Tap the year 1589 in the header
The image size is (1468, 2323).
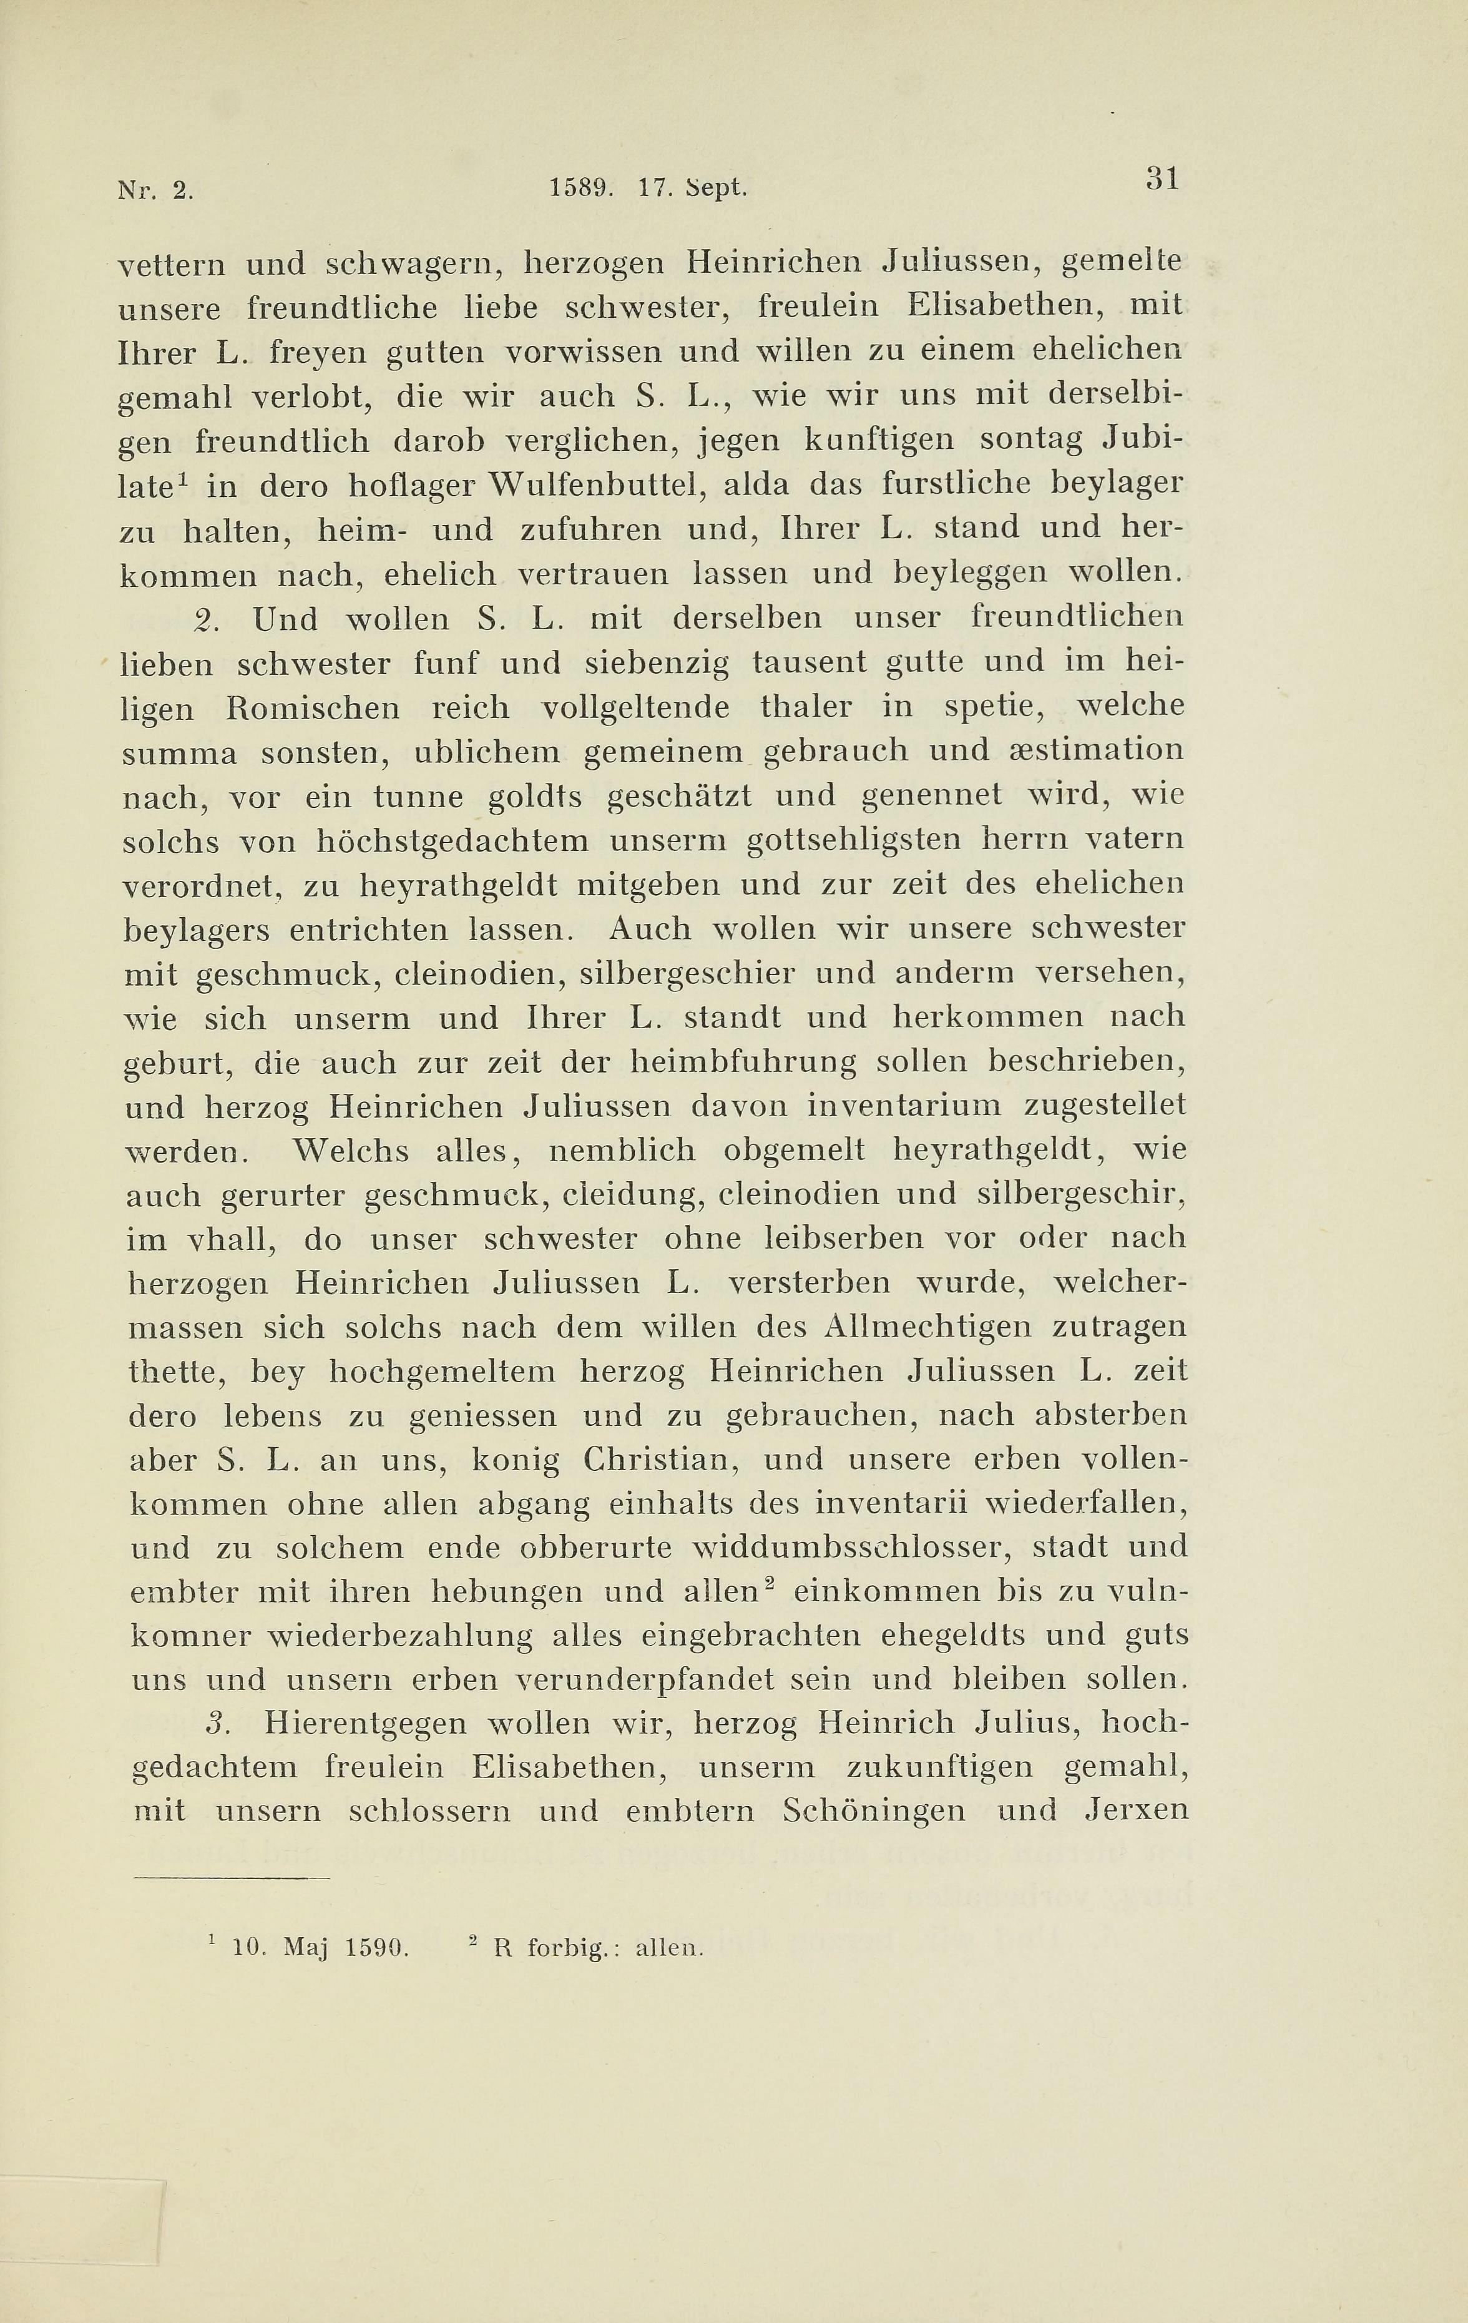(x=582, y=187)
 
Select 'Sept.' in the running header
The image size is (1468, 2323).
(x=717, y=188)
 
